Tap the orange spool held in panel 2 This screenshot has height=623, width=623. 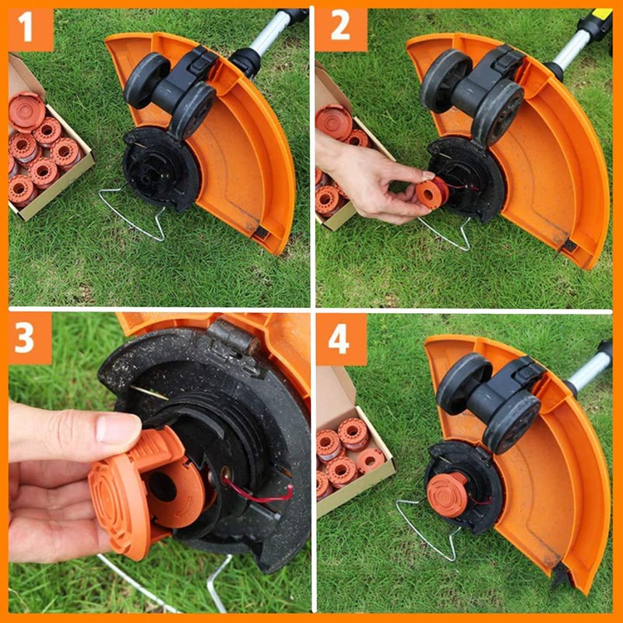point(431,192)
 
